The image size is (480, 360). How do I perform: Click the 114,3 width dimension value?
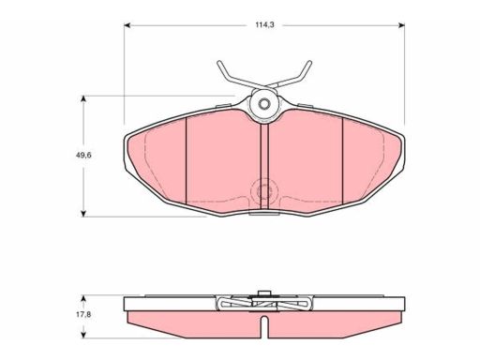point(264,25)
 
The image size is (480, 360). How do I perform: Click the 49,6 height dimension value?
point(83,155)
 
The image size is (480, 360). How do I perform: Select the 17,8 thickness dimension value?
point(83,315)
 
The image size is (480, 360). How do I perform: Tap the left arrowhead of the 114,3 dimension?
point(127,25)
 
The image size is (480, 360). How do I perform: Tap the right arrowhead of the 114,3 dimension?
point(402,25)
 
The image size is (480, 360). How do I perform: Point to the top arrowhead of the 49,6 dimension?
point(83,99)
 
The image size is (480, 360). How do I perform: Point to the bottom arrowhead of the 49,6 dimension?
point(83,213)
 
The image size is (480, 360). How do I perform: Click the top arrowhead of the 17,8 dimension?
point(83,298)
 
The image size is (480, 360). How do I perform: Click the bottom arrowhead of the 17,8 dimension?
point(83,335)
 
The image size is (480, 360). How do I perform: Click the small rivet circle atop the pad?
point(264,103)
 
